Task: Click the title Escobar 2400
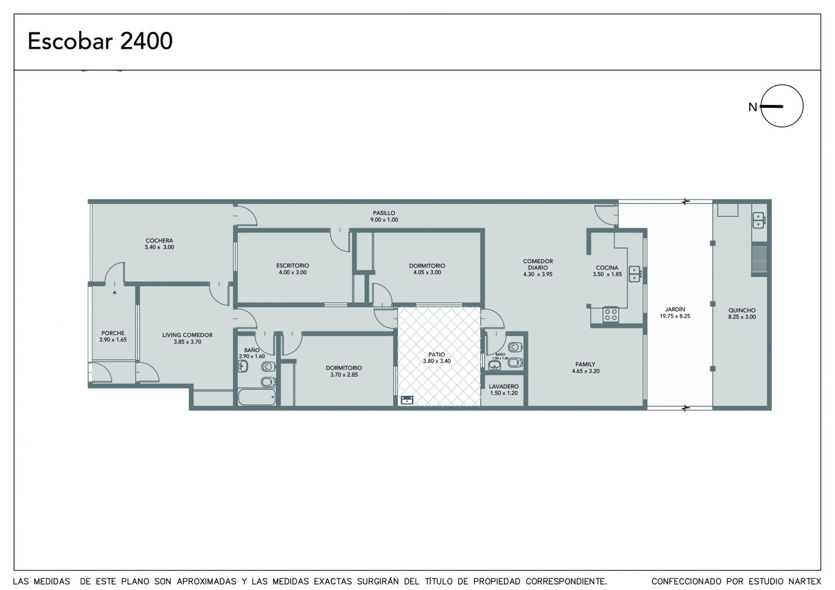pos(100,41)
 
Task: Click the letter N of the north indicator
pos(753,107)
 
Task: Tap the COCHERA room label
pos(159,244)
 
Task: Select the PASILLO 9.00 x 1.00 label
pos(384,216)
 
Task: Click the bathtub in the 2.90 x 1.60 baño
pos(257,397)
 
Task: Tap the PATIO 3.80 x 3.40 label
pos(437,358)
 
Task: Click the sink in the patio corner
pos(406,400)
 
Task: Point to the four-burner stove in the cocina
pos(611,314)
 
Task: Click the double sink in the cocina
pos(635,274)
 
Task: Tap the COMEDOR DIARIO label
pos(538,267)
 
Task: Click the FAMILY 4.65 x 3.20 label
pos(586,367)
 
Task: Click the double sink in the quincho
pos(758,220)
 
